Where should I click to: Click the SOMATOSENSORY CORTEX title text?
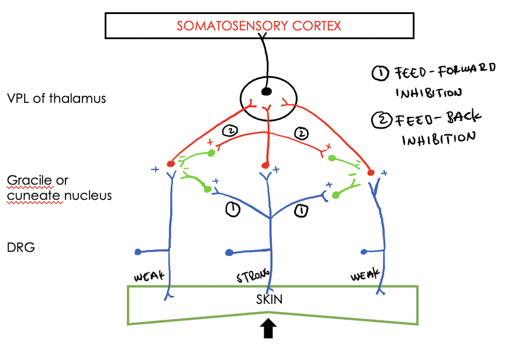coord(259,26)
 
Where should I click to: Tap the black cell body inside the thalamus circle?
coord(267,91)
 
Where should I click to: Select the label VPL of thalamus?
coord(56,98)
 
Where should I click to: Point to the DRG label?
coord(20,247)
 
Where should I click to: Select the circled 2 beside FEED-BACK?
coord(381,120)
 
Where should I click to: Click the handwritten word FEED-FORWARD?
coord(445,70)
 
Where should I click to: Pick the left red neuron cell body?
coord(171,164)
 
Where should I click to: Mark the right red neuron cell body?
coord(371,172)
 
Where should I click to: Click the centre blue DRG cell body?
coord(229,253)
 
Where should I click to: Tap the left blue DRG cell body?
coord(138,252)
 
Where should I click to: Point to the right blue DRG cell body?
coord(364,252)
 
